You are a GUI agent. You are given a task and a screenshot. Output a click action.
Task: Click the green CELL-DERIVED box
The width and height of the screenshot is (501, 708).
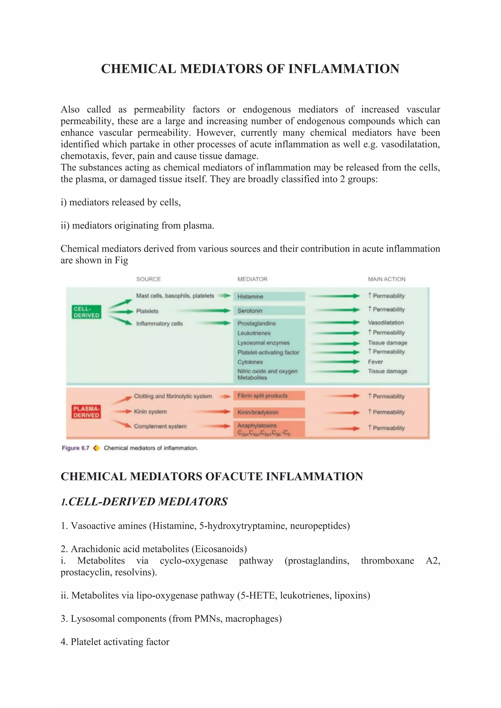point(86,312)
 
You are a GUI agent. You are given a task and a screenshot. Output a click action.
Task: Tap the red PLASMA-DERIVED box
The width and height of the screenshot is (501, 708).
point(86,412)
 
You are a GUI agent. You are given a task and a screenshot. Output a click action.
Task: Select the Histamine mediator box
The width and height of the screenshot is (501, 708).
point(269,296)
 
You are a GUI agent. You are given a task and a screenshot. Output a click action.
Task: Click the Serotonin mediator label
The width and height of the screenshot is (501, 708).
point(250,310)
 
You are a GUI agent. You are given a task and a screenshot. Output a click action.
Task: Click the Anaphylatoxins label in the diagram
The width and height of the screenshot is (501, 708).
point(257,426)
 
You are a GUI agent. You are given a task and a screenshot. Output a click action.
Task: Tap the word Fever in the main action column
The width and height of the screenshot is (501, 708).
point(375,362)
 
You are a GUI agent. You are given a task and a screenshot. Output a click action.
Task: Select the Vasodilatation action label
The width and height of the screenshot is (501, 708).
point(386,322)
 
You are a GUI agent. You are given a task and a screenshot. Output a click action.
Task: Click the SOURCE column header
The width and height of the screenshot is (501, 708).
point(148,279)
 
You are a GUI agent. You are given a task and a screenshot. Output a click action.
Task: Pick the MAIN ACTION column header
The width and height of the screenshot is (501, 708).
point(387,279)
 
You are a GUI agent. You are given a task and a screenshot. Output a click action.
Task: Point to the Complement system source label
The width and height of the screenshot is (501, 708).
point(160,426)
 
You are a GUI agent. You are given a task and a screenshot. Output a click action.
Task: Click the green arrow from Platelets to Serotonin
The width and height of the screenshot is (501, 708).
point(207,311)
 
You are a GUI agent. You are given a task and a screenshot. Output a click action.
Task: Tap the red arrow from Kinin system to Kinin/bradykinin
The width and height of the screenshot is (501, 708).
point(213,412)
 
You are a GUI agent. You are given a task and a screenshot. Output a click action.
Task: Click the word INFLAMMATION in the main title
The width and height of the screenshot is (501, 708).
point(344,69)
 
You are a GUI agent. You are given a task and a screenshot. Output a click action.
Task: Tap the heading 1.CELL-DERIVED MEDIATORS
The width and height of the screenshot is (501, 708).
point(144,502)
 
